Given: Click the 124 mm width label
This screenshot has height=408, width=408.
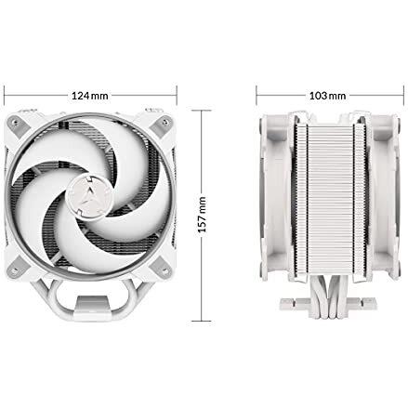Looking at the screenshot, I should [x=89, y=96].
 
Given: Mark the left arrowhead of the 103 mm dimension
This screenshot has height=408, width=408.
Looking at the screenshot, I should [x=257, y=96].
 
